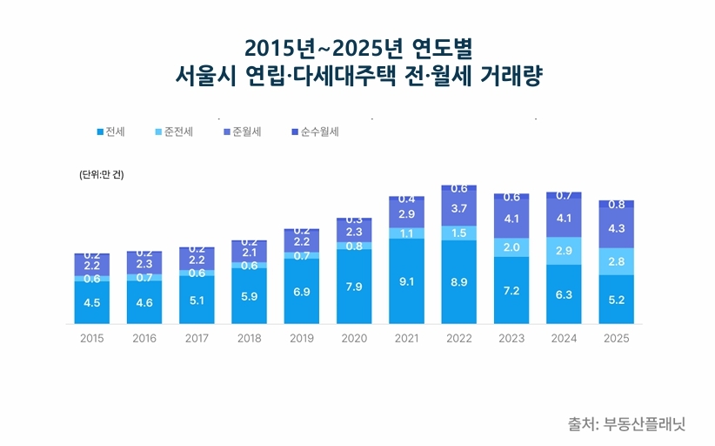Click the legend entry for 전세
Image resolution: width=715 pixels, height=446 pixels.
111,132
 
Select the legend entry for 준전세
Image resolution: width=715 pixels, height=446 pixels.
174,132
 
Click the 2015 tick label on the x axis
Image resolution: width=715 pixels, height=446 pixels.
91,338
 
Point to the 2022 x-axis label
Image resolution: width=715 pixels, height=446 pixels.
458,338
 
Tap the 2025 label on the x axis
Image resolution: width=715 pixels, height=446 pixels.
616,338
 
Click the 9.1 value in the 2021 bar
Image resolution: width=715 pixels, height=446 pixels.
406,281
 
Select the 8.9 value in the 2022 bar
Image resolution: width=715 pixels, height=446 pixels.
458,282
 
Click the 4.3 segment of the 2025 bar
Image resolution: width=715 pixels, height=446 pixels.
616,228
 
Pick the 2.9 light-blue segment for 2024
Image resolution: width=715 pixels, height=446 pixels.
564,251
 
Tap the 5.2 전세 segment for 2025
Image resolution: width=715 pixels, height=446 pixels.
616,300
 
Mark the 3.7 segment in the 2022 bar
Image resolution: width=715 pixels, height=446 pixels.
458,208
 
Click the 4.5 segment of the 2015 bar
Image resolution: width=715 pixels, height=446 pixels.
91,303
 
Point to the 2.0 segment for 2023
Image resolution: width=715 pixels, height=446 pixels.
511,247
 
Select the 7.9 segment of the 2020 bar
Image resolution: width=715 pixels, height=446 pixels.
354,287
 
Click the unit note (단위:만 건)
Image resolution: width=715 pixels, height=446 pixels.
102,174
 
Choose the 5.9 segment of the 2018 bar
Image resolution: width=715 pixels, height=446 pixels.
249,296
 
